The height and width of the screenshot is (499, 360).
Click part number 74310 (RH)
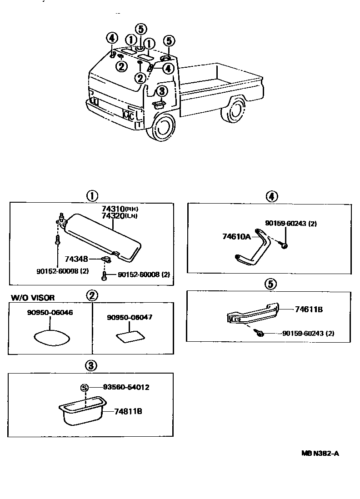(x=112, y=209)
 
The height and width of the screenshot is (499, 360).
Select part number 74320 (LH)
(x=112, y=216)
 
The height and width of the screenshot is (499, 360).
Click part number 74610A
(x=235, y=237)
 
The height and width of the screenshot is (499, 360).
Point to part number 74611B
(x=309, y=309)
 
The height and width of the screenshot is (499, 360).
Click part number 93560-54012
(x=126, y=387)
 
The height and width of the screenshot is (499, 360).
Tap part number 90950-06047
(x=130, y=318)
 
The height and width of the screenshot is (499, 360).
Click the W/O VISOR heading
(x=33, y=298)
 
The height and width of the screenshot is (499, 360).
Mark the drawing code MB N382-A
(x=320, y=453)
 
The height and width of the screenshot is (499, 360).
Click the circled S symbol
(x=84, y=387)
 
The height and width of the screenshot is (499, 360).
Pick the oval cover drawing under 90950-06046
(x=50, y=339)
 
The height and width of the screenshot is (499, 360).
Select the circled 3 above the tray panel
(x=91, y=365)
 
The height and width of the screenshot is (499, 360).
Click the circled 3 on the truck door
(x=162, y=90)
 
